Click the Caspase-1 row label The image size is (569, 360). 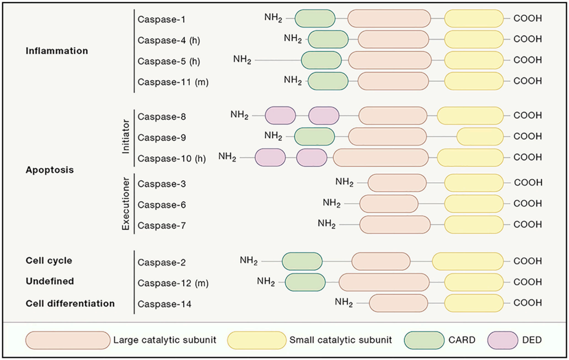(x=161, y=19)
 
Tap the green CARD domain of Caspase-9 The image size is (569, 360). (x=314, y=136)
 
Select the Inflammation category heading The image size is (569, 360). (x=57, y=51)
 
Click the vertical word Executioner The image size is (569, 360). (x=125, y=204)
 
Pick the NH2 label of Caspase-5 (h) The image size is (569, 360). (x=242, y=59)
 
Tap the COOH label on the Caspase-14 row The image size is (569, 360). (x=528, y=303)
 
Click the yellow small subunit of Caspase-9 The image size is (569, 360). (x=480, y=136)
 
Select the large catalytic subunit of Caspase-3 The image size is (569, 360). (x=397, y=183)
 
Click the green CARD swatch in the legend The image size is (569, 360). (x=424, y=341)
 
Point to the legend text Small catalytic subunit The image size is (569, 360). (x=341, y=341)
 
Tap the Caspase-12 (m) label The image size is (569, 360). (x=173, y=283)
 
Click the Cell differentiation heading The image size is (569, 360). (x=70, y=303)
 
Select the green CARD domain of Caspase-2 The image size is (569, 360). (x=302, y=262)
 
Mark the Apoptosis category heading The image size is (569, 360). (x=49, y=170)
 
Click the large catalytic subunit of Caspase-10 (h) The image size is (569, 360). (x=380, y=158)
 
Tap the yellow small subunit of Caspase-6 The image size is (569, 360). (x=473, y=204)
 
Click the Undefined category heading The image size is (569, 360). (x=49, y=281)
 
